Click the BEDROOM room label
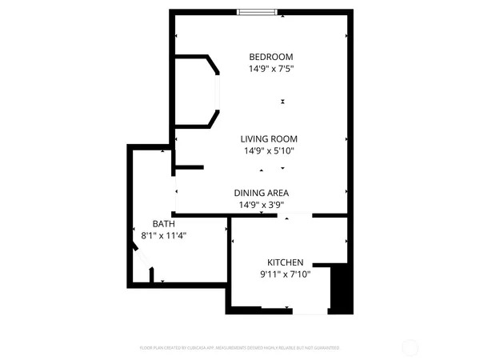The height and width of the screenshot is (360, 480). point(271,57)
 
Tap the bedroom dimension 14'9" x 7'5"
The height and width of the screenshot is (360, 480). point(271,69)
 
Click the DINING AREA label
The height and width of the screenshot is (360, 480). point(261,193)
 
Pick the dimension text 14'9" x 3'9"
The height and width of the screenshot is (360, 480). point(261,205)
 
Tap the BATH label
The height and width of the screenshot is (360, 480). point(163,224)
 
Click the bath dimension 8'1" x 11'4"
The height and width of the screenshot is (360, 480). point(163,236)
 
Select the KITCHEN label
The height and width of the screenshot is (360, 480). point(285,262)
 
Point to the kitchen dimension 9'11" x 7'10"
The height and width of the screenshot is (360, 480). point(285,274)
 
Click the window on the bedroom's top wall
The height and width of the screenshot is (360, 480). point(258,12)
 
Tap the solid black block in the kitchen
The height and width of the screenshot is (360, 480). point(341,290)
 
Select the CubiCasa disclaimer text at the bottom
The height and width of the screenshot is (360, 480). point(240,348)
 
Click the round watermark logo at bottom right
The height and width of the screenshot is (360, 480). point(410,348)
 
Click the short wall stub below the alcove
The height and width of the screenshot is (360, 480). point(190,167)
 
